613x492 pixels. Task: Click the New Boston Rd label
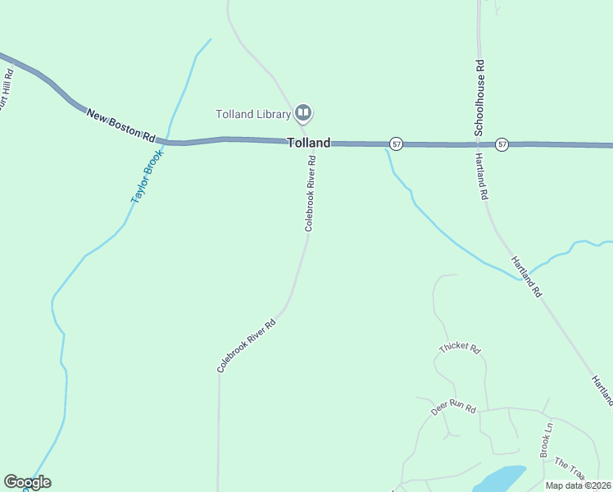(120, 125)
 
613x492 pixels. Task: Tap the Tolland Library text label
(253, 114)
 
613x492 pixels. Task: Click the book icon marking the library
(303, 112)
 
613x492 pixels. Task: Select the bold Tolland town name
(309, 143)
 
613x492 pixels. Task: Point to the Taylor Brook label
(147, 176)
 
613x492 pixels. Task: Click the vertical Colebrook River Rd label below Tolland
(310, 195)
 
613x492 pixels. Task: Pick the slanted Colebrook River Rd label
(246, 346)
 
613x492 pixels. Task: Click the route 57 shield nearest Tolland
(396, 143)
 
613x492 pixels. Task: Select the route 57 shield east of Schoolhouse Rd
(502, 144)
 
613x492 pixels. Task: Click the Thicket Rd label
(459, 347)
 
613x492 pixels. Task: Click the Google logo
(27, 482)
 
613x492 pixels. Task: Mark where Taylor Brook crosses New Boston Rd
(167, 142)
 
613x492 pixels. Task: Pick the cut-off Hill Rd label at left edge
(7, 89)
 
